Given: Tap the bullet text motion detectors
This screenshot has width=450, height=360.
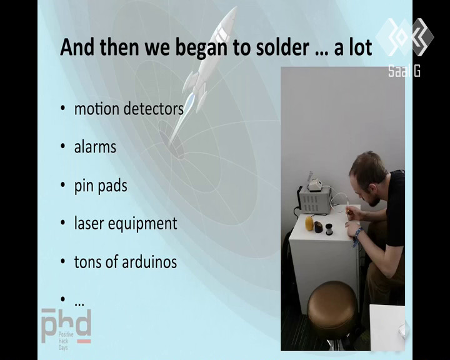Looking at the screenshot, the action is coord(129,109).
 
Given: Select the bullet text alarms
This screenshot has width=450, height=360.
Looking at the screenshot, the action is coord(95,147).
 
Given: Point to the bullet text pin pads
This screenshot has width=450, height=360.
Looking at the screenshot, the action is coord(101,186).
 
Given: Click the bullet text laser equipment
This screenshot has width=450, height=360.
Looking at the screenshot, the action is coord(126,224).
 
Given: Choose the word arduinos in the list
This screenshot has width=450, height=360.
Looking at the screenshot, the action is coord(149,261).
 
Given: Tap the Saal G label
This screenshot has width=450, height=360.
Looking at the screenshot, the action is coord(404,71).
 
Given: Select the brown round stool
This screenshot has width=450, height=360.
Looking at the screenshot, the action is coord(332,306).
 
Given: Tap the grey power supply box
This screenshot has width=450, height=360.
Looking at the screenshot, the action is coord(314,200).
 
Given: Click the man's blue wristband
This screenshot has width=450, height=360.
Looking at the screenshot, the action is coord(357,236).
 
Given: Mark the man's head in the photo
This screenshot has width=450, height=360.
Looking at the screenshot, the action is coord(368,178).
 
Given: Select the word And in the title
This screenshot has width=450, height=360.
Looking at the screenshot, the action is coord(77,47).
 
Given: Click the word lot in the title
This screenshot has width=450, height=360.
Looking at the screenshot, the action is coord(361,47).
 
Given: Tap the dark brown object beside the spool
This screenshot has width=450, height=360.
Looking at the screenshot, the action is coord(318,227).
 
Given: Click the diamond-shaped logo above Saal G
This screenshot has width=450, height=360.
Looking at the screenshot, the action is coord(404,37).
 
